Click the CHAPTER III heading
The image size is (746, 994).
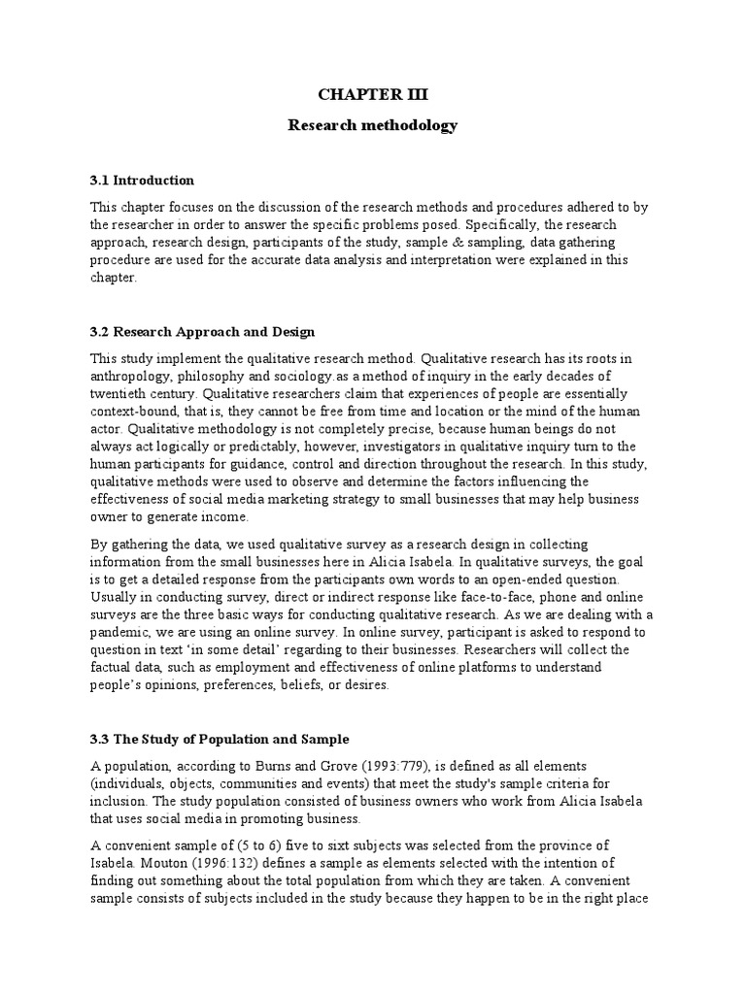(373, 95)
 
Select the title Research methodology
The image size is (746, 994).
(373, 126)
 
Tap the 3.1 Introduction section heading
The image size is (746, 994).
(142, 181)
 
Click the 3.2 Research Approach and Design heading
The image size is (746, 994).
(202, 332)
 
